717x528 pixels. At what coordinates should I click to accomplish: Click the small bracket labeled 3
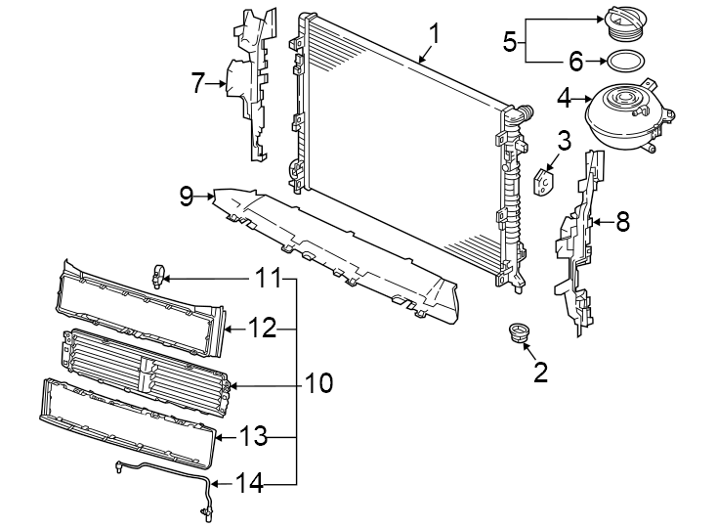click(x=543, y=182)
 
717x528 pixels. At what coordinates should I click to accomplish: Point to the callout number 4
click(x=564, y=98)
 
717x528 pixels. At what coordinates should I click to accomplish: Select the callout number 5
click(x=509, y=41)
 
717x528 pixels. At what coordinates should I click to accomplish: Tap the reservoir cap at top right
click(x=621, y=23)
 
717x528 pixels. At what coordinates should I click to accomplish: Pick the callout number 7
click(x=198, y=84)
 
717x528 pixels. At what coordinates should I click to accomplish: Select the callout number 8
click(x=621, y=222)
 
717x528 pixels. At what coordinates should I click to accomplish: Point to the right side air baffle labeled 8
click(x=579, y=244)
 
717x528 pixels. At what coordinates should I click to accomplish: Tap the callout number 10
click(x=318, y=382)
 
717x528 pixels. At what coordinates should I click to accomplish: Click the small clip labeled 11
click(x=159, y=277)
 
